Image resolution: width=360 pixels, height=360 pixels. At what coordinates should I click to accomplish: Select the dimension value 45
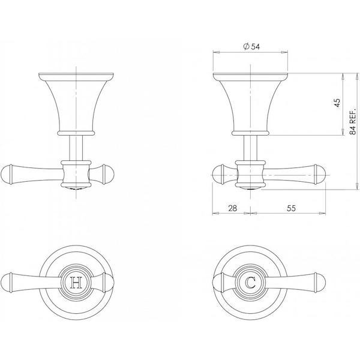[337, 103]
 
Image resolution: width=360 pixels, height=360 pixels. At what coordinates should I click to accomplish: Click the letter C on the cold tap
[250, 282]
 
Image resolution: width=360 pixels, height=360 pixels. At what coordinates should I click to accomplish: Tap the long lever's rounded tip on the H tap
[8, 282]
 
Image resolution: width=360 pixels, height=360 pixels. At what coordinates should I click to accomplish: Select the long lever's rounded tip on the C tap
[321, 282]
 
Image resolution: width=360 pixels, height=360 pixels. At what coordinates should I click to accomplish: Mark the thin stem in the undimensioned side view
[76, 148]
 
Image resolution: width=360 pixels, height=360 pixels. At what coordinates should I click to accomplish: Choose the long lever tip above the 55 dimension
[321, 174]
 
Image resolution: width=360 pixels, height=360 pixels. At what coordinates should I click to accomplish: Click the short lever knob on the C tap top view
[217, 282]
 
